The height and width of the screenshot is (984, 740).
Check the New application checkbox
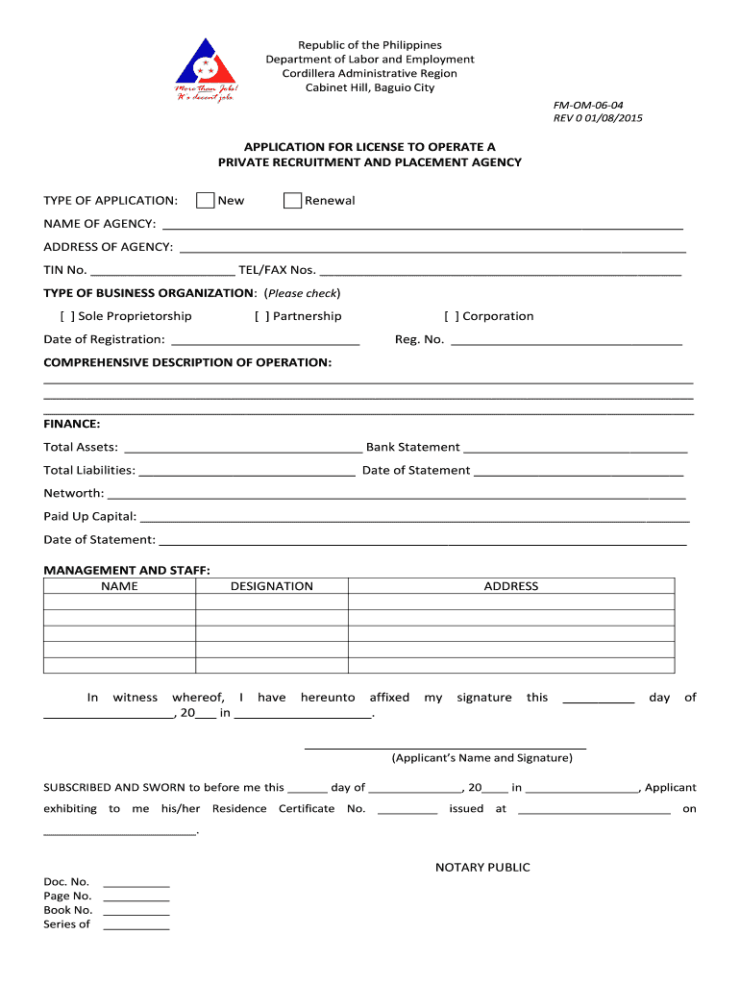(205, 200)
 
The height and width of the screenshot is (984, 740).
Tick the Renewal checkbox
(292, 200)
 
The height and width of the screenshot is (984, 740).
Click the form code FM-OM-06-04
(602, 104)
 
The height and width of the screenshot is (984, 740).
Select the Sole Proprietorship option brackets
(66, 316)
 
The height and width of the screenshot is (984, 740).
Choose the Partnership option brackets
(261, 316)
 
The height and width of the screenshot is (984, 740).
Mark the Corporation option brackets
(452, 316)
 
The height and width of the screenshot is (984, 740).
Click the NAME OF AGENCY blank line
(423, 226)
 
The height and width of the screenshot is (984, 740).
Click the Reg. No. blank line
(566, 341)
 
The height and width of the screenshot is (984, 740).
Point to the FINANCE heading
(72, 423)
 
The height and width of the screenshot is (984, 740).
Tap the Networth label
(73, 493)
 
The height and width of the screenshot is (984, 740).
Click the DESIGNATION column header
(272, 586)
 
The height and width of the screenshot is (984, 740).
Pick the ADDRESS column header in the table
(511, 586)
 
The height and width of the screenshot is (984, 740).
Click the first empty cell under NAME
(119, 603)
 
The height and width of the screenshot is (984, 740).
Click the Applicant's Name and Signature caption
(481, 758)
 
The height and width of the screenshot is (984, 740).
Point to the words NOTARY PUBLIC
(482, 868)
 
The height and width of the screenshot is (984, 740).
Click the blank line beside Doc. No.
(136, 883)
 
